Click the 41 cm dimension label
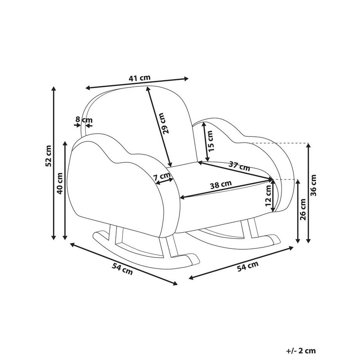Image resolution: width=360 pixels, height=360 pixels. pyautogui.click(x=139, y=78)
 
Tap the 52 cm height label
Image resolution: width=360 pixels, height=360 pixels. pyautogui.click(x=49, y=156)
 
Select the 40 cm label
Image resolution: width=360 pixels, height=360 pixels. pyautogui.click(x=60, y=184)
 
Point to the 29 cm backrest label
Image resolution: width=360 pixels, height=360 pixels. pyautogui.click(x=164, y=123)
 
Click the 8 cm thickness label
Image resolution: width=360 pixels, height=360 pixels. pyautogui.click(x=84, y=120)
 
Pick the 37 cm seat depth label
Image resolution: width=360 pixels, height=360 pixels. pyautogui.click(x=239, y=166)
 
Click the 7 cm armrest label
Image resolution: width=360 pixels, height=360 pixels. pyautogui.click(x=162, y=176)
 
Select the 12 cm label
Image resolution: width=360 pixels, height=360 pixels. pyautogui.click(x=268, y=195)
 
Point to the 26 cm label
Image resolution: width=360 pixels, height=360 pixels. pyautogui.click(x=303, y=209)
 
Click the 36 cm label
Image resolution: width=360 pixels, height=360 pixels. pyautogui.click(x=313, y=185)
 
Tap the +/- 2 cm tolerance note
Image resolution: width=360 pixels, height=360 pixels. pyautogui.click(x=301, y=351)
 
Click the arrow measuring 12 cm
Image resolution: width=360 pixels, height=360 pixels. pyautogui.click(x=273, y=196)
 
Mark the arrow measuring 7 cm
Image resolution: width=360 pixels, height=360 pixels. pyautogui.click(x=164, y=181)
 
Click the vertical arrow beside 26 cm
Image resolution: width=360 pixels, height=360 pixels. pyautogui.click(x=298, y=211)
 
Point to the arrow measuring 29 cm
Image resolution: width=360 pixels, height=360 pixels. pyautogui.click(x=159, y=127)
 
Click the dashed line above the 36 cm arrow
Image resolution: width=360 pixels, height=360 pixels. pyautogui.click(x=280, y=143)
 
